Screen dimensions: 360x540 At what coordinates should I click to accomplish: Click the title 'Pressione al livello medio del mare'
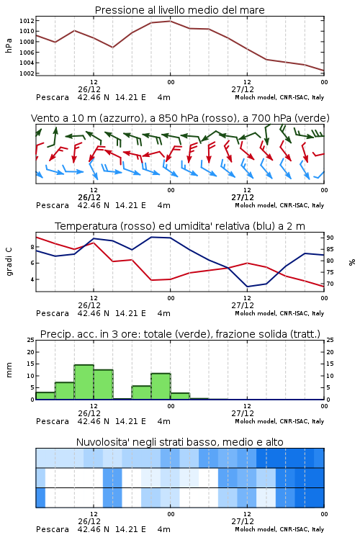tap(179, 10)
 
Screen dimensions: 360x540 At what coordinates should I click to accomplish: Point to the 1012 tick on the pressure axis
tap(27, 21)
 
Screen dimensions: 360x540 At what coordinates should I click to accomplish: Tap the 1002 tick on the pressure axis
tap(27, 73)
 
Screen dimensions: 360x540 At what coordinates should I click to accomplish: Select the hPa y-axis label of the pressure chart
tap(9, 45)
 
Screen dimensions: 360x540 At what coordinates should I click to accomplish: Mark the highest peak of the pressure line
tap(170, 21)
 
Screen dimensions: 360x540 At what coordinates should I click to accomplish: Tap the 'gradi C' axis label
tap(9, 262)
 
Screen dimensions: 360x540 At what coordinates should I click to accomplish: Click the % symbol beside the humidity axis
tap(352, 262)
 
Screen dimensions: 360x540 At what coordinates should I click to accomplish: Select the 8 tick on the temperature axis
tap(32, 247)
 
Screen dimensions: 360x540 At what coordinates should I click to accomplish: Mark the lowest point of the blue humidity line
tap(248, 287)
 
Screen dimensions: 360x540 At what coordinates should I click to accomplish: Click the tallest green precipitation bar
tap(84, 382)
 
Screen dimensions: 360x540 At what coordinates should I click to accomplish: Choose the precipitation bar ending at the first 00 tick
tap(161, 387)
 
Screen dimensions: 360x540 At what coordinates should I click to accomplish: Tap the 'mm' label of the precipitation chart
tap(9, 370)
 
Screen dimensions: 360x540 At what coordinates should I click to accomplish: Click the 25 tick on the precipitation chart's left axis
tap(31, 340)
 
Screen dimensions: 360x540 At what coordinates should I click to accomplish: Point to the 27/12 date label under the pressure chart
tap(243, 89)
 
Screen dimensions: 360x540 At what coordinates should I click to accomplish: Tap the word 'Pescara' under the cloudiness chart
tap(53, 529)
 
